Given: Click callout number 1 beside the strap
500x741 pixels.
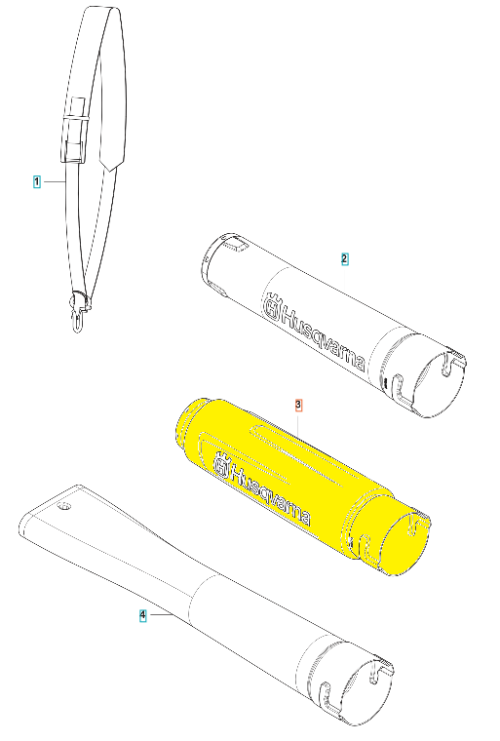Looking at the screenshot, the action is [37, 181].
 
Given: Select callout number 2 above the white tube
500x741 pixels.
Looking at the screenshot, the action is [344, 259].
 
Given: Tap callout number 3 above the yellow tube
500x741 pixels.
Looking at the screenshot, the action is [298, 405].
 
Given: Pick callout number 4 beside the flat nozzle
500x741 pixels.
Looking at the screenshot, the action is [142, 615].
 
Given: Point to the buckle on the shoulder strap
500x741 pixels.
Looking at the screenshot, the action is [74, 130].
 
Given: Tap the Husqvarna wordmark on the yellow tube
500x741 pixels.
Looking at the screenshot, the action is [270, 492].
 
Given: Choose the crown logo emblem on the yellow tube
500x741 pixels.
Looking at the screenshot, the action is [221, 465].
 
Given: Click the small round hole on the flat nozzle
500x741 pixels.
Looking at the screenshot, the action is [63, 508].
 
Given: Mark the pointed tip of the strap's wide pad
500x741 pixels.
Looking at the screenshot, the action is [109, 170].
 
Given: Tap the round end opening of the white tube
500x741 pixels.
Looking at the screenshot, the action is [440, 383].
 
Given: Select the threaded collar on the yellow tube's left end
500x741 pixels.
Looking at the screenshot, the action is [189, 415].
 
